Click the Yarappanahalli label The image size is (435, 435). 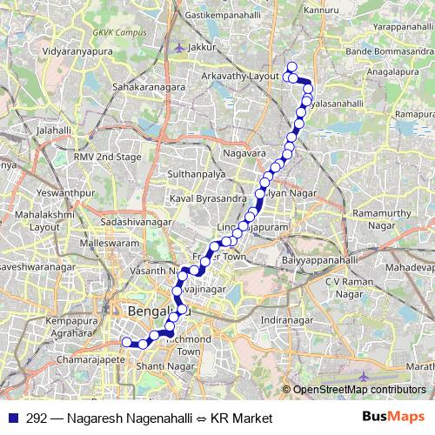[391, 27]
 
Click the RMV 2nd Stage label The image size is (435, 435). [107, 157]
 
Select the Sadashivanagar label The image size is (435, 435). [137, 223]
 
